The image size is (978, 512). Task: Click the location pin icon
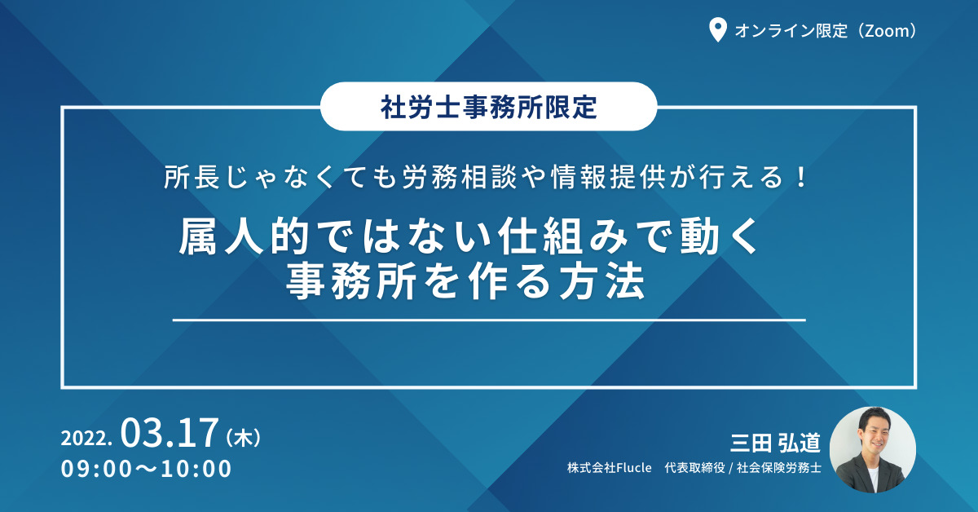717,29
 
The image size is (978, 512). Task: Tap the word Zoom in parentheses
887,31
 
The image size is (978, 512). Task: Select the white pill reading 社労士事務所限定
488,106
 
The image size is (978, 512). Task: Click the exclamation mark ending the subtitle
800,177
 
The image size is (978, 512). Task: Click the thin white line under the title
489,320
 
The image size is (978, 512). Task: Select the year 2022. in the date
86,438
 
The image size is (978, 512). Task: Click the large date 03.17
170,433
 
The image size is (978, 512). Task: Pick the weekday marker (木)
244,437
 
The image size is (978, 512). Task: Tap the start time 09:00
96,469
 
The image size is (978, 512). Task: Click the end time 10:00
196,469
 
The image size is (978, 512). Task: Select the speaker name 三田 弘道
775,443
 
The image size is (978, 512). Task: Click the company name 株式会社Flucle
610,468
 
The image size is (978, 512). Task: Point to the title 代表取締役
694,468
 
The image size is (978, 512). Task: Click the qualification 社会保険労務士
779,468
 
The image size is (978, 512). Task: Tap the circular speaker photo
873,450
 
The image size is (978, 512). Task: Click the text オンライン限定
791,31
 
